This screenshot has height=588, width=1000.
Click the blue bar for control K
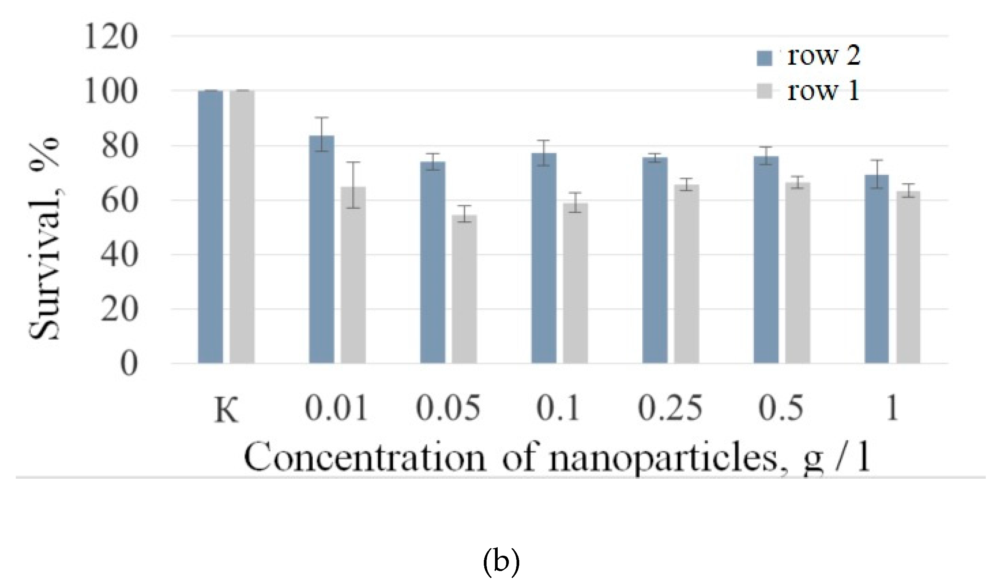210,227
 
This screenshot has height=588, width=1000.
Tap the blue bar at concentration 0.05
433,262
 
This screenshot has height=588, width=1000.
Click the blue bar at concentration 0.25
655,260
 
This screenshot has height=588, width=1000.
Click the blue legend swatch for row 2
764,58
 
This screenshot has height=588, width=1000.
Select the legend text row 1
823,91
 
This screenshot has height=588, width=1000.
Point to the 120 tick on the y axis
111,38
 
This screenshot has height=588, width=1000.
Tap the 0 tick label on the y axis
129,364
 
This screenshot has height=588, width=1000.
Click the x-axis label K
226,410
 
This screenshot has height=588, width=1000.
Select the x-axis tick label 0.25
670,408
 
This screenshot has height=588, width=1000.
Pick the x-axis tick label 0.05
448,408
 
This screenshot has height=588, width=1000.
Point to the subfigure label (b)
501,563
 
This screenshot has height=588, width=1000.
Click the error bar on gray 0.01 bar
353,185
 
